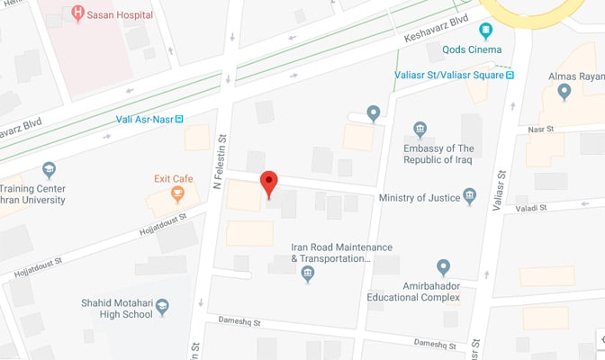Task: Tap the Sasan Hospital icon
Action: point(78,14)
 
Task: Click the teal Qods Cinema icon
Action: point(486,30)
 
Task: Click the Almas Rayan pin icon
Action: point(564,90)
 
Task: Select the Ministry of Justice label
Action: point(420,198)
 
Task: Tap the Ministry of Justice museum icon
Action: point(469,197)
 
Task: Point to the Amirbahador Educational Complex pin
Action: point(443,266)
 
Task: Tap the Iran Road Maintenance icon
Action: point(308,274)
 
